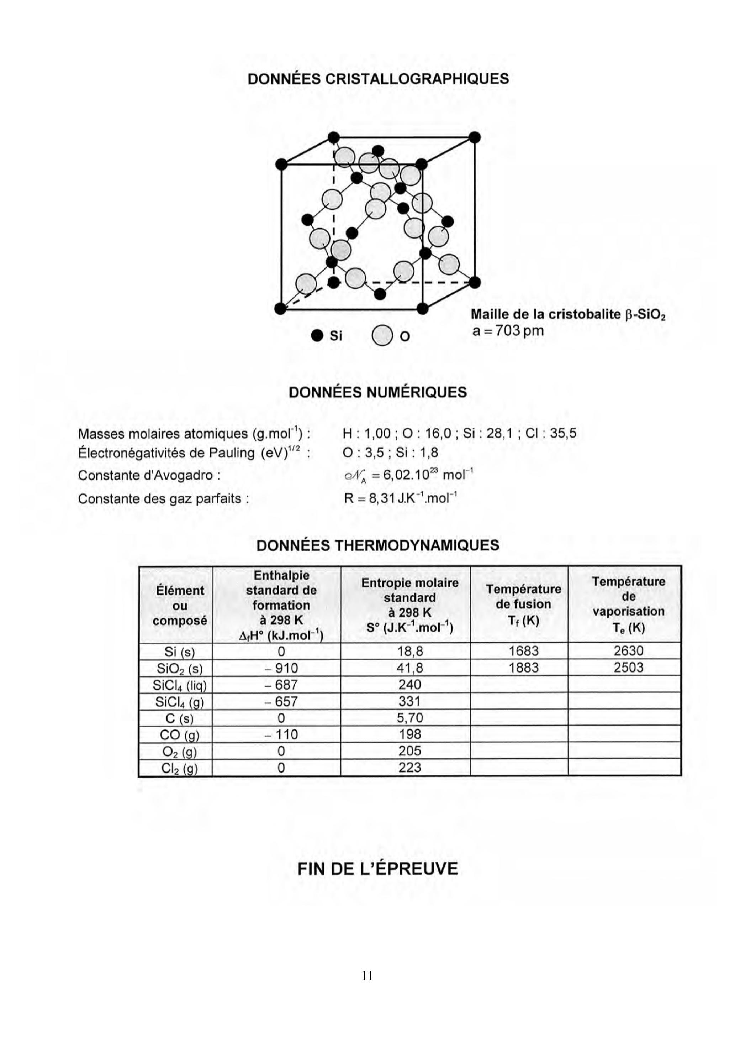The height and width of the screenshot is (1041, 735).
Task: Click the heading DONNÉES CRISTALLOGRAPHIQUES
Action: coord(378,79)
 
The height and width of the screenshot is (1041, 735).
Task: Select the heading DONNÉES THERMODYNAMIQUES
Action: coord(377,545)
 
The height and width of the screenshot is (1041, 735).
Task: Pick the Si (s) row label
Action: coord(176,652)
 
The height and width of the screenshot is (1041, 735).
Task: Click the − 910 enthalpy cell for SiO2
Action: coord(281,668)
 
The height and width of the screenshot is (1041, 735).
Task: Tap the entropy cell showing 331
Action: coord(409,701)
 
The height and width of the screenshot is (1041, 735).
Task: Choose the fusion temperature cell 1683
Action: coord(523,652)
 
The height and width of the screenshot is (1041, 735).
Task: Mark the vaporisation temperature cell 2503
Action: coord(629,668)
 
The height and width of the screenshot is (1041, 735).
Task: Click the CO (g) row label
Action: coord(176,735)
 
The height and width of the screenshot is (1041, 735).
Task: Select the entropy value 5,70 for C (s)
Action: coord(409,718)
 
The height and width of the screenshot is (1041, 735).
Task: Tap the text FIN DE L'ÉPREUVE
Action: coord(377,869)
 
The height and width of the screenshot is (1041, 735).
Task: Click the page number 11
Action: coord(367,988)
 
